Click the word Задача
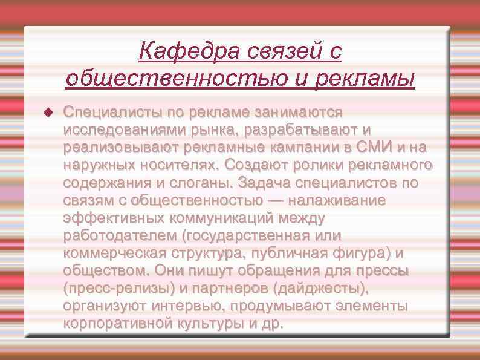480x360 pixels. [264, 183]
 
